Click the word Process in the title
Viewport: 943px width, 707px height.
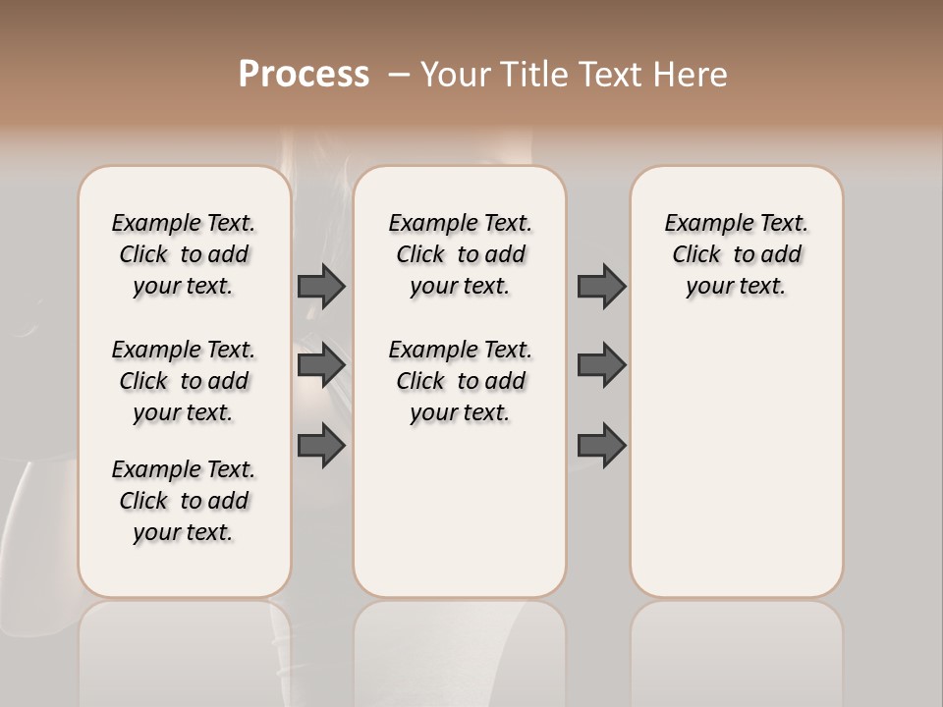pos(304,75)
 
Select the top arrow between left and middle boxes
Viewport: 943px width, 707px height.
pos(321,286)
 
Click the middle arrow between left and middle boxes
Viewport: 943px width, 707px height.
pos(321,365)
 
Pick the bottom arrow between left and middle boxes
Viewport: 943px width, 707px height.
pos(321,446)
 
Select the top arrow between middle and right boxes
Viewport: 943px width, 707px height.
pos(601,286)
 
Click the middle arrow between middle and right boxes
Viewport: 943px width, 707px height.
pos(601,365)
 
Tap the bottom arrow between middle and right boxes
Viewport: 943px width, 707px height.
pos(601,446)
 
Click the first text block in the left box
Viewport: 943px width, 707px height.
pos(184,254)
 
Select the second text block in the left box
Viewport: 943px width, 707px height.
pos(184,381)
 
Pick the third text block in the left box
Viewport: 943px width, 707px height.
pos(184,501)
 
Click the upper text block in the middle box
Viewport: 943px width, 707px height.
pos(460,254)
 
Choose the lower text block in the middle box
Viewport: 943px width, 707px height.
pos(460,381)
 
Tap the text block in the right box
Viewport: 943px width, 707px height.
pos(736,254)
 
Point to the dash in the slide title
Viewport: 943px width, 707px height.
pos(399,75)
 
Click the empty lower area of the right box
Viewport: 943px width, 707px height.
pos(736,462)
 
